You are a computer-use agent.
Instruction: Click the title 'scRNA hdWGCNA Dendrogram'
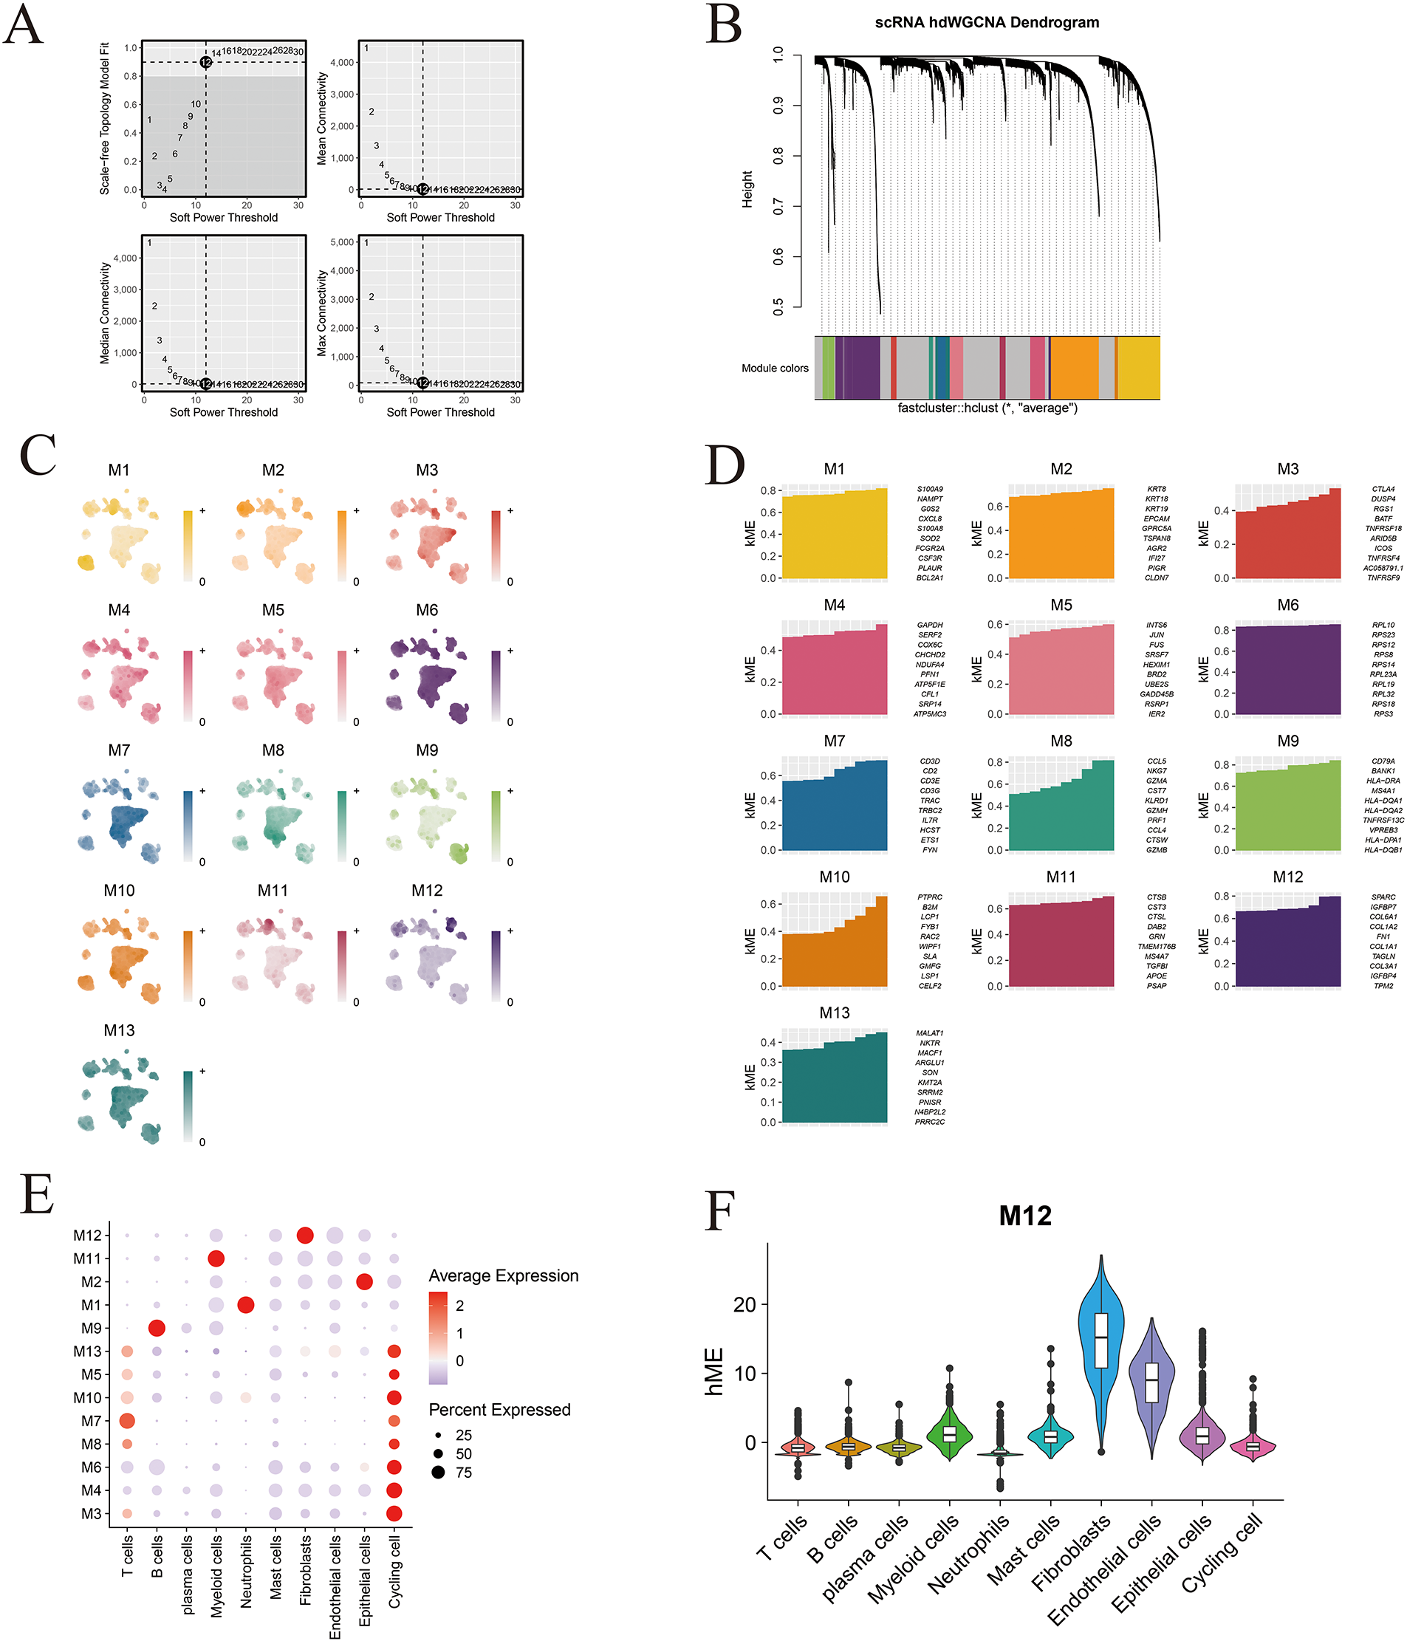coord(986,22)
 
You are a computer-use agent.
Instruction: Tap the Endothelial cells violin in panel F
coord(1151,1382)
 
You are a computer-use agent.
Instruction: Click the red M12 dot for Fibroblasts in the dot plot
coord(305,1236)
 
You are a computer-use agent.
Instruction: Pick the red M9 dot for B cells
coord(156,1328)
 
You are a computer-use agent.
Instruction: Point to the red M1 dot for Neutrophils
coord(246,1305)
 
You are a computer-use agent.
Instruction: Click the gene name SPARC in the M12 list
coord(1383,897)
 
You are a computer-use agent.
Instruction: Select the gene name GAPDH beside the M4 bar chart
coord(929,625)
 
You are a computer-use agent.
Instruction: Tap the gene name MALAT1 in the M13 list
coord(929,1032)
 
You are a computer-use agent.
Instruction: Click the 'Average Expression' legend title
coord(503,1276)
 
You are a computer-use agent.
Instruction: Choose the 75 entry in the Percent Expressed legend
coord(463,1473)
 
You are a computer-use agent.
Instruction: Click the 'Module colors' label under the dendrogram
coord(774,369)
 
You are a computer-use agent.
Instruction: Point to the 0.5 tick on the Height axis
coord(778,306)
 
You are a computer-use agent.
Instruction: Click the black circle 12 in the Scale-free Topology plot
coord(206,62)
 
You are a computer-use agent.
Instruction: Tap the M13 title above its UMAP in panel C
coord(119,1030)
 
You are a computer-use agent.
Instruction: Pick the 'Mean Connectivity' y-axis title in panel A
coord(321,119)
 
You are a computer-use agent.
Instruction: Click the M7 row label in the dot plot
coord(91,1421)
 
